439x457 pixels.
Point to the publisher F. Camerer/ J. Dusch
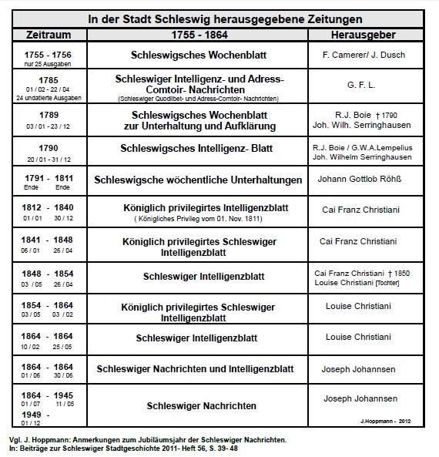point(362,55)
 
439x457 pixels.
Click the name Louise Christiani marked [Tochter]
point(356,282)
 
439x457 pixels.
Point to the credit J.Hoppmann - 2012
point(398,421)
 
